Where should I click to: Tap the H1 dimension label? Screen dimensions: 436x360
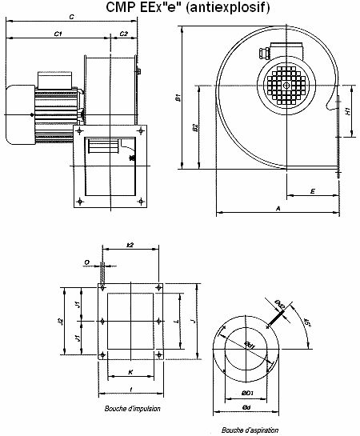(348, 113)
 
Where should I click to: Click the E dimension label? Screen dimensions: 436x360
(311, 191)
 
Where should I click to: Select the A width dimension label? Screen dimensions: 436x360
(277, 207)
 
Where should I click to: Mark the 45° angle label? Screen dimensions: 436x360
(306, 323)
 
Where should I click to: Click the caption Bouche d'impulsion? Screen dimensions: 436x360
(133, 408)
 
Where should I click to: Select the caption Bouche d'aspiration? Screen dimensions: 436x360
(249, 430)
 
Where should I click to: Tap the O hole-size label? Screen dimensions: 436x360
(86, 261)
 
